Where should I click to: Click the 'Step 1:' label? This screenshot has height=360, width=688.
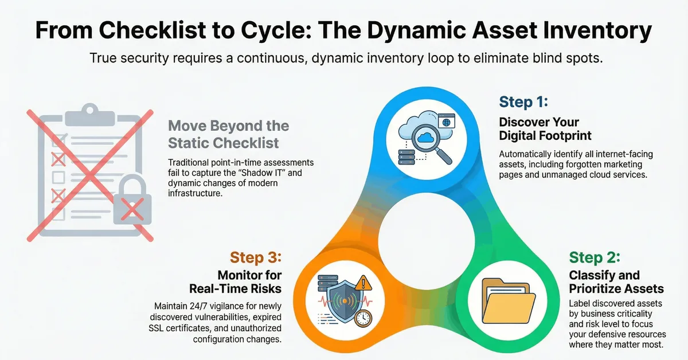tap(523, 102)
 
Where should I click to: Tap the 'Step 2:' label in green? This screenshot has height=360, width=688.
tap(595, 257)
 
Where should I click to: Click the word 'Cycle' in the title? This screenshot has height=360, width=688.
tap(275, 30)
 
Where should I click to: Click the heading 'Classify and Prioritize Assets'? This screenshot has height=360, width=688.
tap(616, 281)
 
